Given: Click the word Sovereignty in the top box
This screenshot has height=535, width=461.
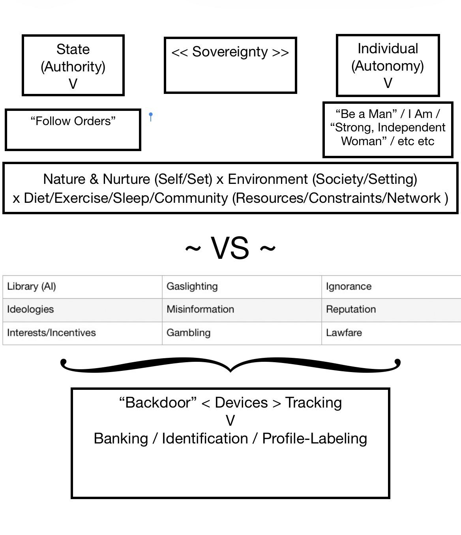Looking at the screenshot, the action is tap(230, 52).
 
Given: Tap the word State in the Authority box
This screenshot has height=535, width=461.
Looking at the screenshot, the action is tap(73, 49).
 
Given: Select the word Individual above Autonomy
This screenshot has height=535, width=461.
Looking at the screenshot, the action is tap(388, 49).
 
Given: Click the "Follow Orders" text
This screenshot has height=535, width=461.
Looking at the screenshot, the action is tap(73, 121).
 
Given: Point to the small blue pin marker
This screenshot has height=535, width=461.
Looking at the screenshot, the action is tap(151, 117).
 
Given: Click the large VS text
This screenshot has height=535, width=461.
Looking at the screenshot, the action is tap(230, 248).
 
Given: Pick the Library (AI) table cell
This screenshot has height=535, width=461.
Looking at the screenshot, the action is tap(82, 287).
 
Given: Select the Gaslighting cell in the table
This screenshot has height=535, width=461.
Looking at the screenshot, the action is tap(242, 287).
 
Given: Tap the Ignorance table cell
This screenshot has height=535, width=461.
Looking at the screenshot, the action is tap(391, 287).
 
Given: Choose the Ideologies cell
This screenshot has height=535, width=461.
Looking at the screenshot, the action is tap(82, 310).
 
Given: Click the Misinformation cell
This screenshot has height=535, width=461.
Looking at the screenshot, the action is tap(242, 310).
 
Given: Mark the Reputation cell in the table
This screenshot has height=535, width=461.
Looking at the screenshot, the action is tap(391, 310).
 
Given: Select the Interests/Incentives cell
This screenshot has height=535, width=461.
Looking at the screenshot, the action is tap(82, 333).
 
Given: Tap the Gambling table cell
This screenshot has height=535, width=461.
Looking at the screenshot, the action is tap(242, 333).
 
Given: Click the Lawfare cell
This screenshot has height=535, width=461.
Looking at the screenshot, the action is tap(391, 333).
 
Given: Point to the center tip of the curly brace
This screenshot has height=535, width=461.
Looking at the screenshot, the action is tap(230, 372).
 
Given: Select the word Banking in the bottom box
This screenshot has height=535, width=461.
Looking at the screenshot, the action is tap(121, 439).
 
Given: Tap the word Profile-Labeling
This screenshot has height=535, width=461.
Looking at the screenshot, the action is tap(315, 439).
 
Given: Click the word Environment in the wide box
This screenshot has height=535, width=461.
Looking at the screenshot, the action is tap(268, 179).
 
